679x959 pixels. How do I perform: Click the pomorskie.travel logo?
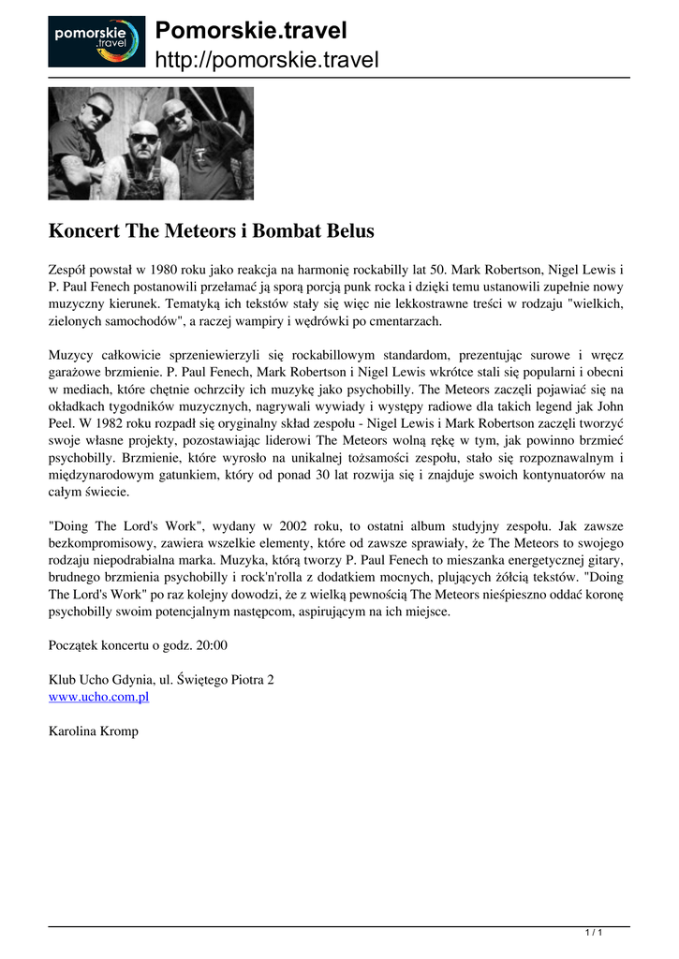coord(96,41)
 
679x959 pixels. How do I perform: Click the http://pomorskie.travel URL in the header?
coord(266,61)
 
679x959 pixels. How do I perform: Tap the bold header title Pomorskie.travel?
coord(250,31)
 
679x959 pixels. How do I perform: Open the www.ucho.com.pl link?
coord(98,697)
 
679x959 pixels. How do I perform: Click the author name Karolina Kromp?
coord(93,730)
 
